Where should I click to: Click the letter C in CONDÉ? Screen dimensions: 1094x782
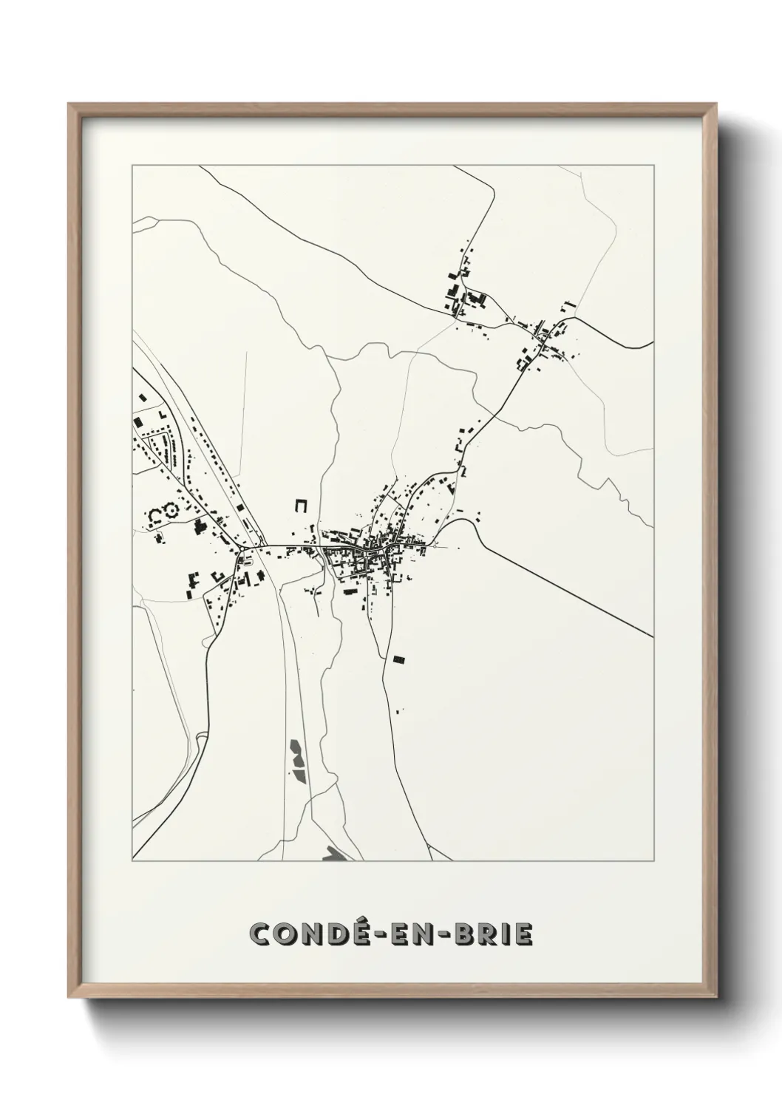[262, 934]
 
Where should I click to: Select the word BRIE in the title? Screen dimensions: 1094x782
[491, 934]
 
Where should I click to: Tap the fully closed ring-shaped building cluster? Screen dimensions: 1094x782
[173, 509]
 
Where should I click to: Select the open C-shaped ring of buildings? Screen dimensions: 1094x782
[156, 514]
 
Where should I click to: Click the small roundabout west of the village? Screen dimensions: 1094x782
[241, 550]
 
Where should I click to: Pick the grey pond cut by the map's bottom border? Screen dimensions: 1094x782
[335, 854]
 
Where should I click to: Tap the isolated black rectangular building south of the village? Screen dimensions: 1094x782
[399, 658]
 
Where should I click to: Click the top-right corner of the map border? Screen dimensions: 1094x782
[653, 166]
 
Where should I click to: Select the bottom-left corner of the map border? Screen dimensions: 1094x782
[132, 861]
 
